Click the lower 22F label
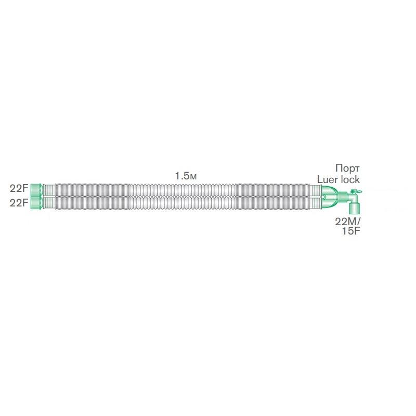tap(19, 203)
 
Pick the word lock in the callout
tap(349, 179)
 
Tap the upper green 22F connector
tap(36, 189)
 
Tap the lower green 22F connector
tap(36, 202)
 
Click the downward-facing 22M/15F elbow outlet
tap(355, 209)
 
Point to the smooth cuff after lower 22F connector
tap(49, 202)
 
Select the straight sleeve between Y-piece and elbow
tap(342, 197)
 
